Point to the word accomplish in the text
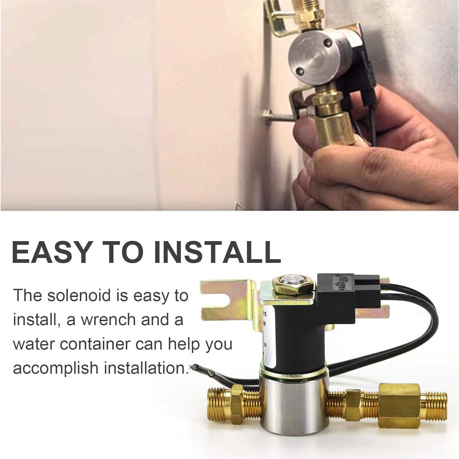click(x=55, y=368)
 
